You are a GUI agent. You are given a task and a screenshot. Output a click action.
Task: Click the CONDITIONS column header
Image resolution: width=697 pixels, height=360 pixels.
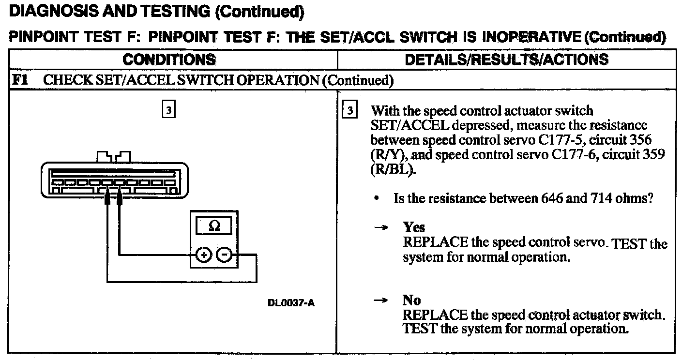[169, 60]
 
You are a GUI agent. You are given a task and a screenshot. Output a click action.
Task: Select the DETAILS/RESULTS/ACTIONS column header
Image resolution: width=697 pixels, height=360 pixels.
[506, 60]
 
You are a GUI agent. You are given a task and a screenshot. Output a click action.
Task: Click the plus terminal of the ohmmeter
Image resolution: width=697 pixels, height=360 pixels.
[203, 255]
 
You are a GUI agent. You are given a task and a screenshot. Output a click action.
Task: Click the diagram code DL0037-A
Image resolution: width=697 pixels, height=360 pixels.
[291, 303]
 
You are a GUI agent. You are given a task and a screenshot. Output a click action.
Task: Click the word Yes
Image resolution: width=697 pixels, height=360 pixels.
[414, 227]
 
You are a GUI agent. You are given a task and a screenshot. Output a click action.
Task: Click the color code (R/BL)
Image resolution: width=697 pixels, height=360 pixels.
[393, 171]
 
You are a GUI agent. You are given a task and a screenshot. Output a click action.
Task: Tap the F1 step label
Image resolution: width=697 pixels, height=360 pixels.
[19, 79]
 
